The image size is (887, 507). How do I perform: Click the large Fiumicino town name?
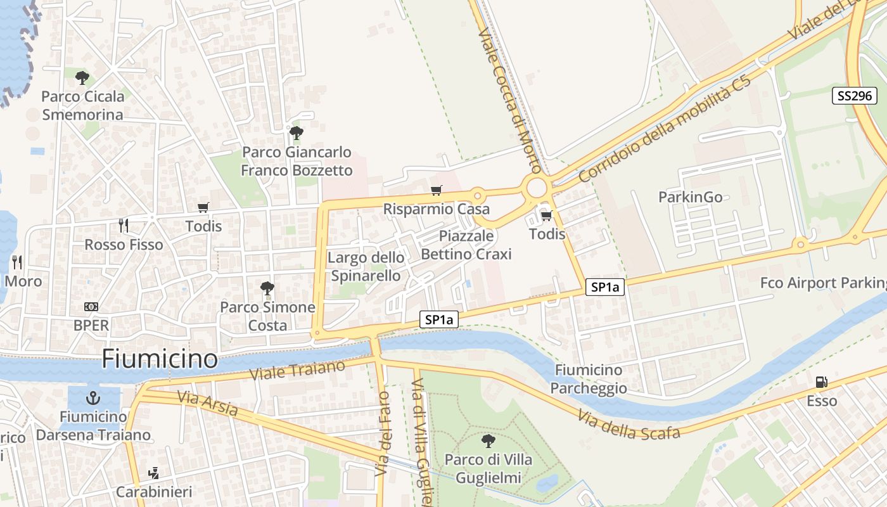point(160,359)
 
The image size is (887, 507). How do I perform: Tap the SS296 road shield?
point(854,96)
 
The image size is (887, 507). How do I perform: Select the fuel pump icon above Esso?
point(821,382)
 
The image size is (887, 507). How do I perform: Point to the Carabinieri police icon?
point(153,473)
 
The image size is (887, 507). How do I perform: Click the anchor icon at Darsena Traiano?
point(93,398)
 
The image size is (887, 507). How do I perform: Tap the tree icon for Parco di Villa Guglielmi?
point(488,440)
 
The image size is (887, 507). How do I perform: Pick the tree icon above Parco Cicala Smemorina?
point(82,78)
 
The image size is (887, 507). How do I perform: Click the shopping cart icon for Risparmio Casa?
point(436,190)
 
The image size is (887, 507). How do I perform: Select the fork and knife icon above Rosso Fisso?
point(124,225)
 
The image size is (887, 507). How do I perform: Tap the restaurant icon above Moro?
point(17,262)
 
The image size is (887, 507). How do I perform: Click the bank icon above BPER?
point(91,307)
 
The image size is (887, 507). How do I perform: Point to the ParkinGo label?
point(690,197)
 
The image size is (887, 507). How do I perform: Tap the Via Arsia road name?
point(207,404)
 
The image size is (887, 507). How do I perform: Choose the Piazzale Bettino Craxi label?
point(466,245)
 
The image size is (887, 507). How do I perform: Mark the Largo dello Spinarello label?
point(366,266)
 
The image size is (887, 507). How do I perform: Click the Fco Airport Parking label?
point(824,283)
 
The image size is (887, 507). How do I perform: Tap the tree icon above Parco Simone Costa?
point(267,288)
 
